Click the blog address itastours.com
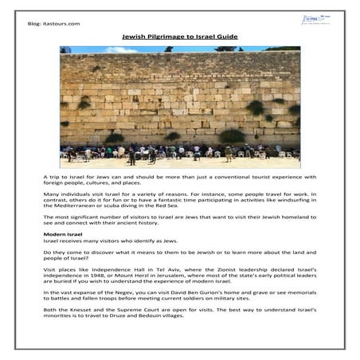(65, 24)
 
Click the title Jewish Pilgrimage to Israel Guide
(180, 37)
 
